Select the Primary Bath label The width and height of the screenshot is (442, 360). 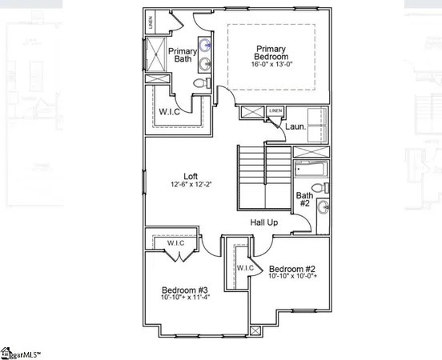point(183,56)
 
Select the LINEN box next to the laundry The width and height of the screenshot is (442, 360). point(275,110)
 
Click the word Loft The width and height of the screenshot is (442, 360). point(190,176)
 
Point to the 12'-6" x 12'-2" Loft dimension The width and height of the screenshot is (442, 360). point(190,185)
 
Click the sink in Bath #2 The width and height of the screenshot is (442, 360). point(322,208)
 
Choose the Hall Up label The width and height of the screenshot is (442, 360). point(263,222)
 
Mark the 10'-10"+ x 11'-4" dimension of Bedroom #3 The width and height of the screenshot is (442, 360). point(185,298)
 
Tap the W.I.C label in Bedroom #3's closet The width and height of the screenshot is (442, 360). point(175,242)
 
